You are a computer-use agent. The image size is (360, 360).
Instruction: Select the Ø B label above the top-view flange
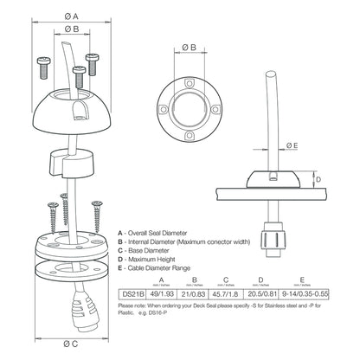[x=187, y=46]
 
